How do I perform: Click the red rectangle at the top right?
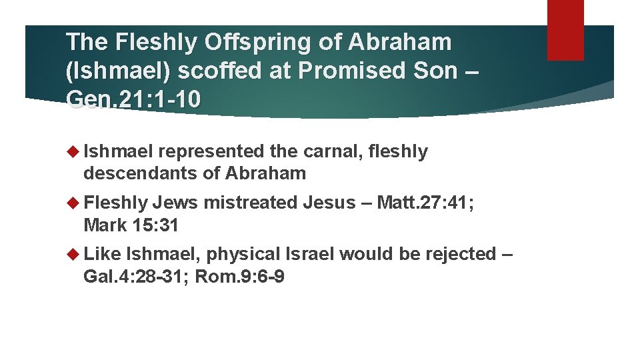(565, 29)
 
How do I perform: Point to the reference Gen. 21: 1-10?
(133, 99)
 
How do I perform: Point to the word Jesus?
(329, 203)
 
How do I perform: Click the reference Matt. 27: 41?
(425, 203)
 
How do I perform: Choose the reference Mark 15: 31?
(131, 225)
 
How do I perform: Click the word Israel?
(311, 254)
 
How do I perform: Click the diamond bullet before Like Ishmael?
(73, 254)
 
